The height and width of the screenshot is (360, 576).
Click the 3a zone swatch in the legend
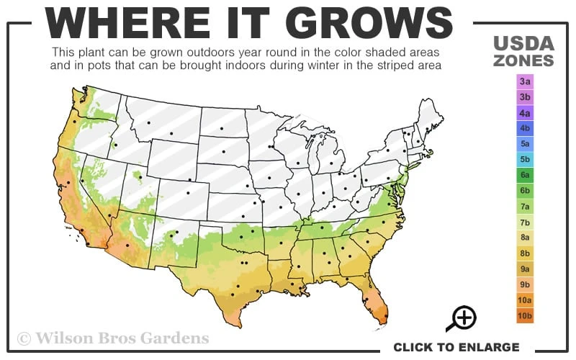click(x=525, y=81)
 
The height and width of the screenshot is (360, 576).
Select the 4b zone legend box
click(x=525, y=128)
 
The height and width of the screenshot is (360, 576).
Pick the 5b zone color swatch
click(x=525, y=159)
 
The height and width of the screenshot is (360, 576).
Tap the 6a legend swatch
click(x=525, y=175)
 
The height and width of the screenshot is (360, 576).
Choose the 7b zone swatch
click(x=525, y=222)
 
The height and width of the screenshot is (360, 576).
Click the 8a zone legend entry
click(x=525, y=237)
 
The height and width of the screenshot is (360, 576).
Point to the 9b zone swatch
click(x=525, y=284)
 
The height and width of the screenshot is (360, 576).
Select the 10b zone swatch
click(x=525, y=315)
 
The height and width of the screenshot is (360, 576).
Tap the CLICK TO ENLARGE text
click(x=456, y=347)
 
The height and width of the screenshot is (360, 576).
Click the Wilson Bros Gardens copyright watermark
click(x=113, y=338)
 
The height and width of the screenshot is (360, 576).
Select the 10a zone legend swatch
click(x=525, y=300)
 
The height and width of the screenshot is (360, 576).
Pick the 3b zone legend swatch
click(x=525, y=96)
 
